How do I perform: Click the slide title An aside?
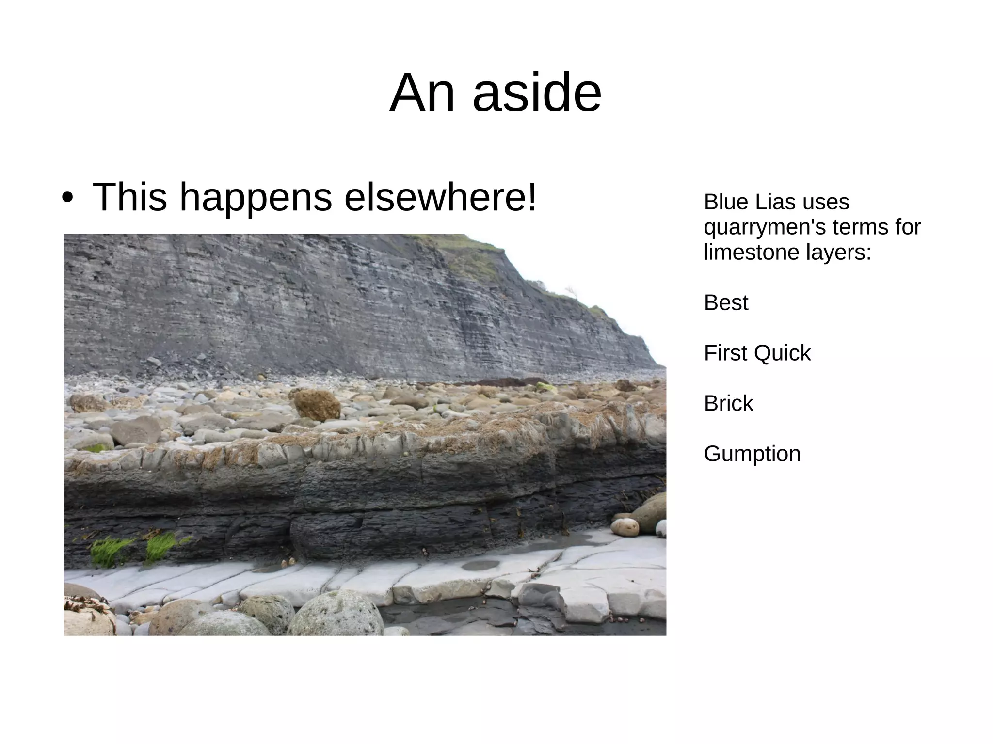495,93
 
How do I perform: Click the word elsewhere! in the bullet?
440,197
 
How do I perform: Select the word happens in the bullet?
256,198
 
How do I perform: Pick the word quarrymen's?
764,227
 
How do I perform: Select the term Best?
726,302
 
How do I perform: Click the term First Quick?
757,353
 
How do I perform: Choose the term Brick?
728,403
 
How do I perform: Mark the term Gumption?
752,454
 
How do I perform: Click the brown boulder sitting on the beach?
317,405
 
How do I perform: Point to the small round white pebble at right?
625,527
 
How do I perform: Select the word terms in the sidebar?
865,227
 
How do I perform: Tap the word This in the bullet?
129,197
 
